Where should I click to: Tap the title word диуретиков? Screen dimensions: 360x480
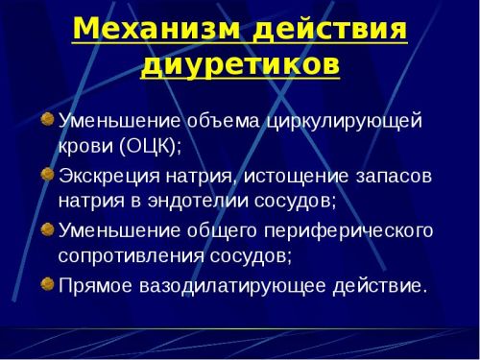[240, 65]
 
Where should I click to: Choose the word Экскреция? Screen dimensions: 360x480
[107, 177]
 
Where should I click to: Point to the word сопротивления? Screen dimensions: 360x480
[124, 257]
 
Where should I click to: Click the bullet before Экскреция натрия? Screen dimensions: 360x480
[47, 175]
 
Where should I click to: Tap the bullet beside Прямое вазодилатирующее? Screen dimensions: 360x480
[47, 283]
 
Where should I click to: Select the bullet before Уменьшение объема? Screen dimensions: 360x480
[47, 120]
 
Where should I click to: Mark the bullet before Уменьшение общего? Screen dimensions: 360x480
[47, 229]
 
